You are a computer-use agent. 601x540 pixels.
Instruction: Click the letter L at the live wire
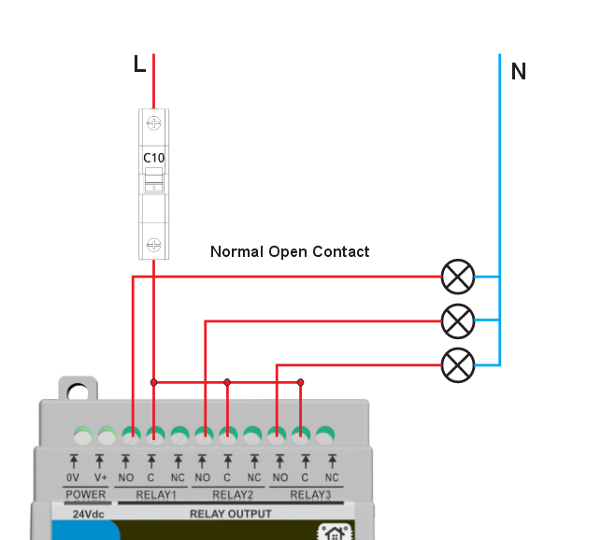[139, 64]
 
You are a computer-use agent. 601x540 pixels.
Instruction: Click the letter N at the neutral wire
[518, 71]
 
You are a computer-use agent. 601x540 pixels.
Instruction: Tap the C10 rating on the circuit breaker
[153, 158]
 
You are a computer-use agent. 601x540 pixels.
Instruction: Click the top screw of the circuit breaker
[153, 123]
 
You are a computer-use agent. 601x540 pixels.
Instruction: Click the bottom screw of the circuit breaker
[153, 245]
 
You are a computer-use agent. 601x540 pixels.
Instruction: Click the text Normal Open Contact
[290, 251]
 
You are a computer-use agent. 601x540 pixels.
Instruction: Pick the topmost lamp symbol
[457, 277]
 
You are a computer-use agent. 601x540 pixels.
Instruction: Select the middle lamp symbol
[457, 320]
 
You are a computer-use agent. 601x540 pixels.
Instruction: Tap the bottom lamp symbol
[457, 364]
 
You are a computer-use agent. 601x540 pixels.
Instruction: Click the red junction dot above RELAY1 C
[154, 382]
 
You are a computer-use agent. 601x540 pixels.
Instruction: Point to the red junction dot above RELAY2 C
[227, 382]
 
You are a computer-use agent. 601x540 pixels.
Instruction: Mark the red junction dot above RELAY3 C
[300, 382]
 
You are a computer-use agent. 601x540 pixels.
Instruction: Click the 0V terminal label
[73, 477]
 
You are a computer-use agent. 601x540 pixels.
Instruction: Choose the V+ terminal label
[100, 477]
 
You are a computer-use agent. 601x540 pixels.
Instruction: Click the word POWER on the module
[86, 494]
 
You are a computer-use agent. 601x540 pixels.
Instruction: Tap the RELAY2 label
[233, 494]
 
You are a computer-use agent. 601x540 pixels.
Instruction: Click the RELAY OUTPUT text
[230, 514]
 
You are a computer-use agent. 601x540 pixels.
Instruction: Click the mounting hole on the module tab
[78, 391]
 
